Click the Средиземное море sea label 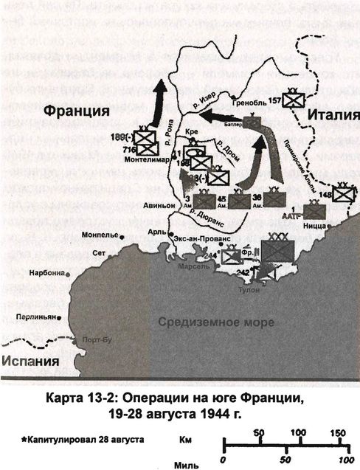[x=212, y=322]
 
